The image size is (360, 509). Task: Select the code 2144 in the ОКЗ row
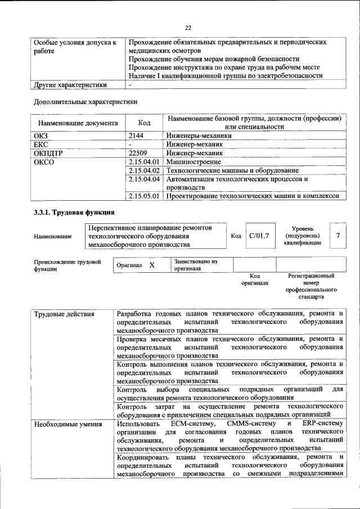137,136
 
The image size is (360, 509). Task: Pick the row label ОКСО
44,161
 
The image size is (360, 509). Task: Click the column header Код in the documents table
145,123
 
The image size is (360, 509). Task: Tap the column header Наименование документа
78,123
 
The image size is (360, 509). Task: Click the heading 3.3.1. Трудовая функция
74,213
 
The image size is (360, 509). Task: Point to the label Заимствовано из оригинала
195,265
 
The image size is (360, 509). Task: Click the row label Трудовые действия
64,314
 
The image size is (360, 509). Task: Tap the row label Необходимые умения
67,424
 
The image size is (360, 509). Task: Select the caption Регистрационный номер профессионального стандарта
311,286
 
